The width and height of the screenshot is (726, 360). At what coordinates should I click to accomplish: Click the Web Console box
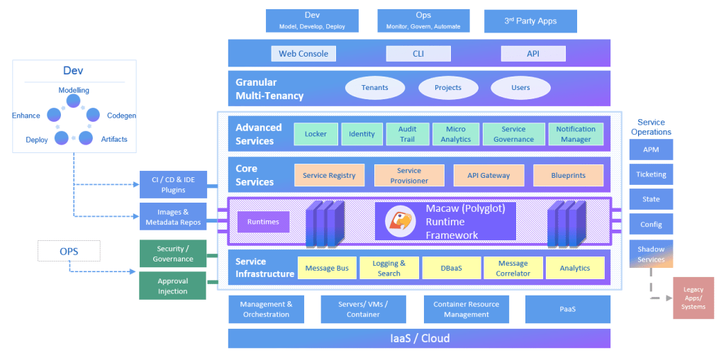pyautogui.click(x=303, y=54)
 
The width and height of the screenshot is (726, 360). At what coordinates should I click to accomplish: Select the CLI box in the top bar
pyautogui.click(x=418, y=54)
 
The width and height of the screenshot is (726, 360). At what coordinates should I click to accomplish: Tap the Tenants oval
pyautogui.click(x=374, y=88)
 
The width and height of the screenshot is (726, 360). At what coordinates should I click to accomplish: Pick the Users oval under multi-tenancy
pyautogui.click(x=520, y=88)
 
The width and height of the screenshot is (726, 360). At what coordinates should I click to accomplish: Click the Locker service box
pyautogui.click(x=315, y=134)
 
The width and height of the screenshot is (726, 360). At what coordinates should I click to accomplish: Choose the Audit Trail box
pyautogui.click(x=407, y=134)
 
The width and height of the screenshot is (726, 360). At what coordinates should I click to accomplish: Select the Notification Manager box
pyautogui.click(x=576, y=134)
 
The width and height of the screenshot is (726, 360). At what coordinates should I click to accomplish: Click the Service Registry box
pyautogui.click(x=329, y=175)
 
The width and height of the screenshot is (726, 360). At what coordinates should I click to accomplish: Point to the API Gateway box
pyautogui.click(x=488, y=175)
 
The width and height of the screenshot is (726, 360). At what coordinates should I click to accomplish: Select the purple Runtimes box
pyautogui.click(x=263, y=222)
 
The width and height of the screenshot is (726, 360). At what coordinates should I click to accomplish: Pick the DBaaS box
pyautogui.click(x=451, y=268)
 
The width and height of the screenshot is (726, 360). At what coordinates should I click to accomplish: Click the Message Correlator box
pyautogui.click(x=513, y=268)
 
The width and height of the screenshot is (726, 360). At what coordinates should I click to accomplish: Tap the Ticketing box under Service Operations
pyautogui.click(x=651, y=174)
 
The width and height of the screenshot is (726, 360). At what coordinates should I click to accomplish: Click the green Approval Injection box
pyautogui.click(x=172, y=286)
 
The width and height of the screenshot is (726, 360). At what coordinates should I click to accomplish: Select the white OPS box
pyautogui.click(x=69, y=250)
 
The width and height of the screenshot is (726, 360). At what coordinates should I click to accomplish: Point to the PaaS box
pyautogui.click(x=567, y=309)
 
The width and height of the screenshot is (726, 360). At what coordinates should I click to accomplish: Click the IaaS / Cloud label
pyautogui.click(x=418, y=338)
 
